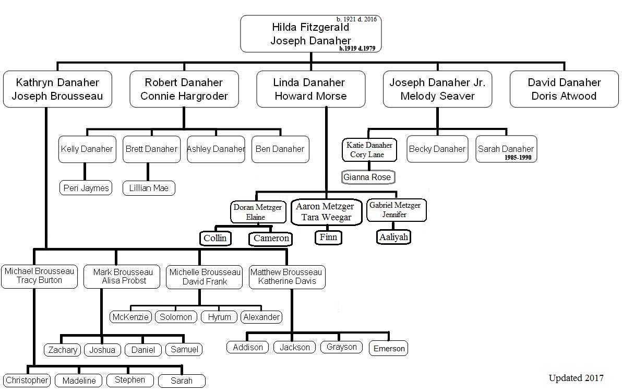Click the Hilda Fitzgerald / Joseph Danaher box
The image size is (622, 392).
[310, 34]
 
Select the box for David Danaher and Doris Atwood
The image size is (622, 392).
[564, 89]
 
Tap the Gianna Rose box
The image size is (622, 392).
[367, 177]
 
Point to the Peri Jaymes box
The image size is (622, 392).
[86, 188]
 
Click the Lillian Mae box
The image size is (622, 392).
[149, 188]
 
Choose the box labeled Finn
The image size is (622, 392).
[329, 237]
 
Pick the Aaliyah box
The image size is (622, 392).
[393, 237]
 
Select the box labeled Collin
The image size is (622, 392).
[215, 239]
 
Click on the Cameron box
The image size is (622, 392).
[271, 239]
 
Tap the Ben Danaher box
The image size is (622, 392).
[280, 149]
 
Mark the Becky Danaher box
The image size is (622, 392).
[437, 149]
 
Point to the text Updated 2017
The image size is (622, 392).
[576, 378]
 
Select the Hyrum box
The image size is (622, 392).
[219, 317]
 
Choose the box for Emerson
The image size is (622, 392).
[389, 349]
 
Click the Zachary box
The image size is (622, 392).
[63, 350]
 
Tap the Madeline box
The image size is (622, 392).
[79, 381]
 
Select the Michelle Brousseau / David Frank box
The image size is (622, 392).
[205, 277]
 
